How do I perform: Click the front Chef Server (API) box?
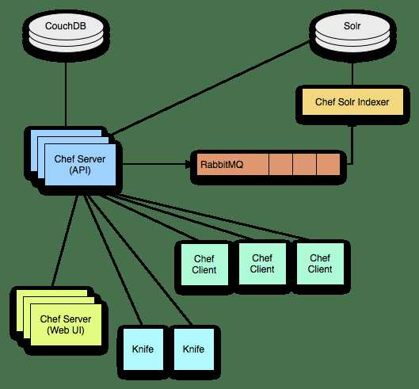[x=80, y=165]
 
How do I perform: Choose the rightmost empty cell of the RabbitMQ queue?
[x=327, y=166]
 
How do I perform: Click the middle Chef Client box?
[x=262, y=264]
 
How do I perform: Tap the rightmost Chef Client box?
[x=319, y=264]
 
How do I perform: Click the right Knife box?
[x=194, y=349]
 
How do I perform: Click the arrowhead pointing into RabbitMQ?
[x=189, y=165]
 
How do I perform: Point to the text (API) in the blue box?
[x=80, y=170]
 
